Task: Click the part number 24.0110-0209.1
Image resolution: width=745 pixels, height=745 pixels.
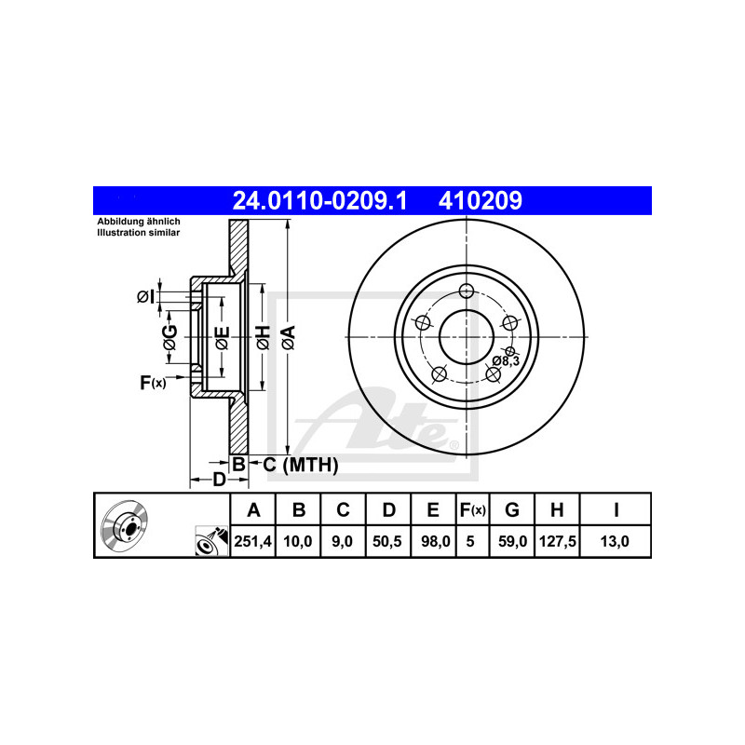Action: click(x=319, y=200)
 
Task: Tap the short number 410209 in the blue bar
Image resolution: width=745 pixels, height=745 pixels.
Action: click(x=480, y=200)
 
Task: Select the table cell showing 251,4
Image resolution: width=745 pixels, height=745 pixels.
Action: click(x=252, y=541)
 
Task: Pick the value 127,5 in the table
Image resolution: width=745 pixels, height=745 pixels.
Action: click(x=557, y=541)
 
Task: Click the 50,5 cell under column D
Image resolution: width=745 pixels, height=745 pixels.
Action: click(x=387, y=541)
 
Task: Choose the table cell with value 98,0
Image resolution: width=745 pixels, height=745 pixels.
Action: click(x=433, y=541)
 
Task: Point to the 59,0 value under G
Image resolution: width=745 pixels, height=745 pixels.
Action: click(x=511, y=541)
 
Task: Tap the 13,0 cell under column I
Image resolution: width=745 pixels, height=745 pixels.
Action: click(x=615, y=541)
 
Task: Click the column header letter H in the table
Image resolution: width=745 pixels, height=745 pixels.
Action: click(x=557, y=509)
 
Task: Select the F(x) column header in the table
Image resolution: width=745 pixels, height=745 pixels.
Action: click(x=472, y=509)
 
